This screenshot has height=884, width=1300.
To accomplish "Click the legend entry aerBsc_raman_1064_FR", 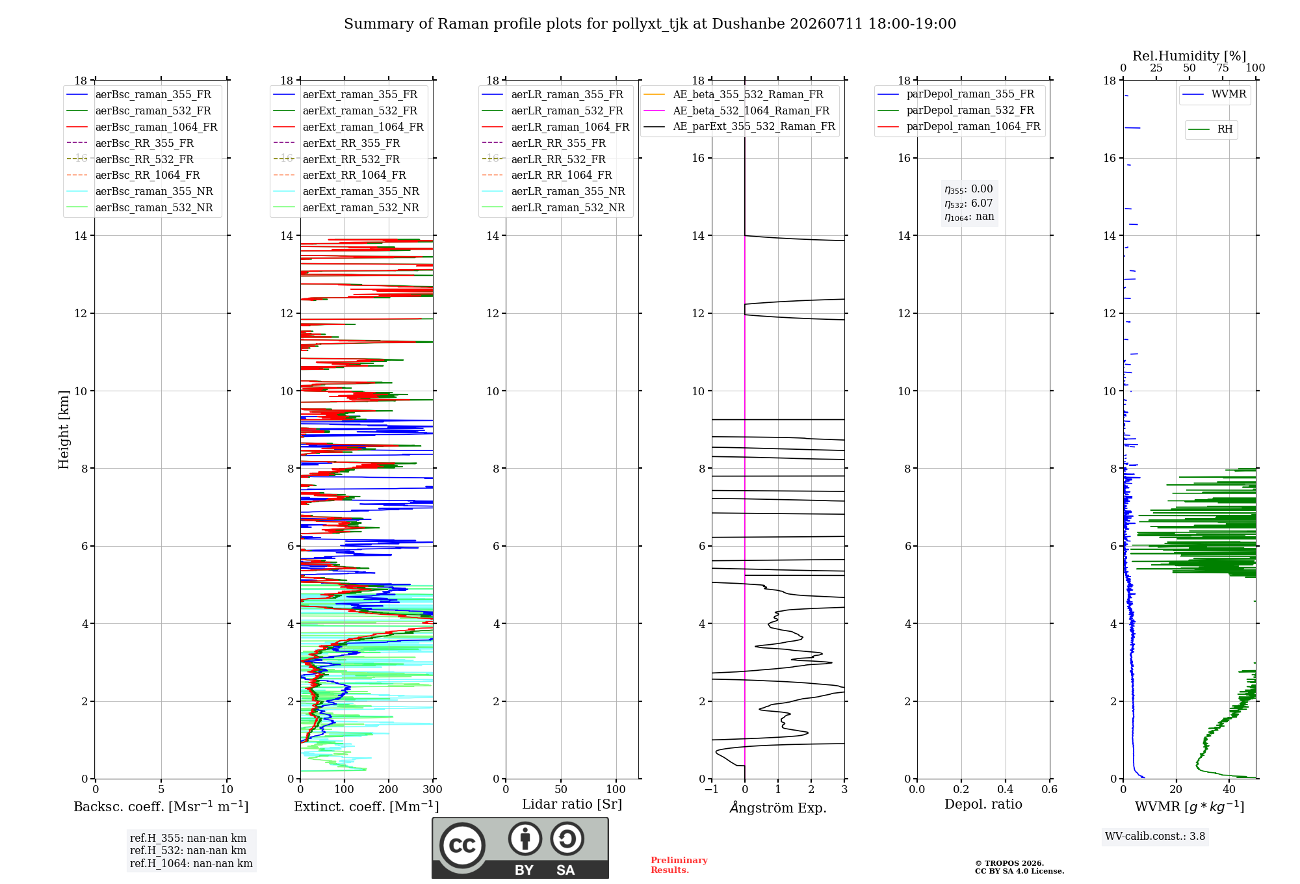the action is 142,127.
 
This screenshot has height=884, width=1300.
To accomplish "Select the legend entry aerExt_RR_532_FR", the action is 337,159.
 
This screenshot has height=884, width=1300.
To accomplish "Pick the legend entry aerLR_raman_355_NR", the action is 553,191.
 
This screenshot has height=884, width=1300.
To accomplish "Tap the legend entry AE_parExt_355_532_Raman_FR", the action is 739,126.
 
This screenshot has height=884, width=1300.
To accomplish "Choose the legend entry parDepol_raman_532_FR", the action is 955,110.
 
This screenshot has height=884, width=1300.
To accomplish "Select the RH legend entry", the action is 1210,129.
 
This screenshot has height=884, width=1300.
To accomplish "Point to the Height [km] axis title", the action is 64,429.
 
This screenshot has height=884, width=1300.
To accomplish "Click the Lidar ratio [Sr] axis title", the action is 572,804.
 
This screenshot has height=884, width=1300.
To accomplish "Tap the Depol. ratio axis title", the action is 983,804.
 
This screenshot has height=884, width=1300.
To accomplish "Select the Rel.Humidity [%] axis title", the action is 1189,56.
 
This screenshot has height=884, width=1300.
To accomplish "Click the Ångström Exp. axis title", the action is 778,807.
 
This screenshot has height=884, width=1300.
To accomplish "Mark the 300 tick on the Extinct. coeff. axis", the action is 433,789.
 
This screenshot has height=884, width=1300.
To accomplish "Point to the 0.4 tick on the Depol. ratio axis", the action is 1006,789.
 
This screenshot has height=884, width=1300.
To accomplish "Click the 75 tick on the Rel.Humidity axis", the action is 1223,68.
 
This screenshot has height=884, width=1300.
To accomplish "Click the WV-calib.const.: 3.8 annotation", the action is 1155,837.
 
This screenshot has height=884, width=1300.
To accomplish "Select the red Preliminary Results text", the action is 679,865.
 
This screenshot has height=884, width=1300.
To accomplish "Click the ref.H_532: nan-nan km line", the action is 188,850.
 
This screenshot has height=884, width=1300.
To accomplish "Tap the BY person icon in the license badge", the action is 525,838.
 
